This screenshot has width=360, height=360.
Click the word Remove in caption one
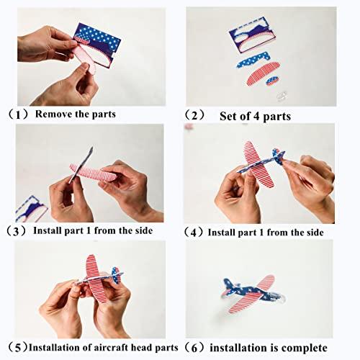(x=53, y=114)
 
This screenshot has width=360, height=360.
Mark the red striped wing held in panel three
(x=94, y=173)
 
